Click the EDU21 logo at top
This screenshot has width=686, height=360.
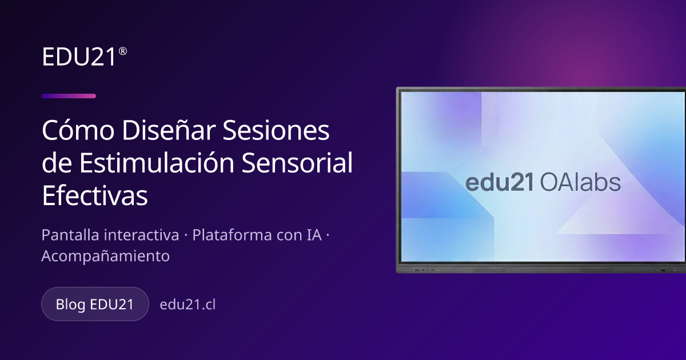pyautogui.click(x=84, y=57)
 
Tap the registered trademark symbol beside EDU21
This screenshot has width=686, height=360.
pyautogui.click(x=122, y=51)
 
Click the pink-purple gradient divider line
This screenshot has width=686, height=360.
pyautogui.click(x=69, y=96)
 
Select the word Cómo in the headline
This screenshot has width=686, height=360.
pyautogui.click(x=78, y=130)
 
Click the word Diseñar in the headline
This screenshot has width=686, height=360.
pyautogui.click(x=169, y=130)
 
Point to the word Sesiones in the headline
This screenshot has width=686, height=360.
pyautogui.click(x=276, y=130)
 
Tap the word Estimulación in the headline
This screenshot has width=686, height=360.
pyautogui.click(x=157, y=162)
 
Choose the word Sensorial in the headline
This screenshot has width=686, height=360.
pyautogui.click(x=297, y=162)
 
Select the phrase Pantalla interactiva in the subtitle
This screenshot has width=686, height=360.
pyautogui.click(x=110, y=235)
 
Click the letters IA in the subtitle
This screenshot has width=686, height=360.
pyautogui.click(x=313, y=235)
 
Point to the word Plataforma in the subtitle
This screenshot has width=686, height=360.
pyautogui.click(x=232, y=235)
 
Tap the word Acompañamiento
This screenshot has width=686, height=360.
pyautogui.click(x=106, y=256)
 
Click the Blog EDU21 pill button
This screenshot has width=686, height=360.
pyautogui.click(x=95, y=304)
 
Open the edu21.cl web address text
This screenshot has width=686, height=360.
pyautogui.click(x=188, y=304)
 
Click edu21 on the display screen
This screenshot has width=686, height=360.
pyautogui.click(x=500, y=182)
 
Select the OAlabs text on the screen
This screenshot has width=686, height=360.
pyautogui.click(x=580, y=182)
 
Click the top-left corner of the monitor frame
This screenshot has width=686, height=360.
pyautogui.click(x=397, y=87)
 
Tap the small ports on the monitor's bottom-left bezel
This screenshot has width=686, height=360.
pyautogui.click(x=426, y=270)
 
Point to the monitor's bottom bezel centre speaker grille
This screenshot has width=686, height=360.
pyautogui.click(x=489, y=271)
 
